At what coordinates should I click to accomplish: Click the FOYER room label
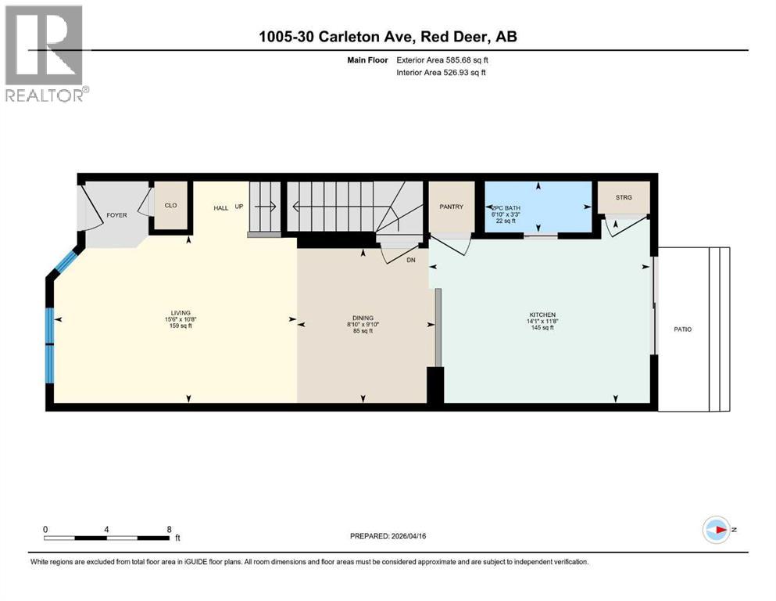click(116, 214)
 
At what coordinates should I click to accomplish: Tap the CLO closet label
click(170, 207)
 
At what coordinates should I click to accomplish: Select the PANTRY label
click(451, 207)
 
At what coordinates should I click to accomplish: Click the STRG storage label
click(622, 198)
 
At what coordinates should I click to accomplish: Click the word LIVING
click(181, 312)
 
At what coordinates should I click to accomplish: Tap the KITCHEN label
click(542, 315)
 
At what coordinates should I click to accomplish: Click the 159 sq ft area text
click(181, 326)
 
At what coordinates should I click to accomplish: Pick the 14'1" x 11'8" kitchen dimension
click(542, 321)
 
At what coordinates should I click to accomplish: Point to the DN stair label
click(411, 260)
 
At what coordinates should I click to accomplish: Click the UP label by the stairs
click(240, 207)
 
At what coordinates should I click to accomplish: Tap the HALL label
click(221, 207)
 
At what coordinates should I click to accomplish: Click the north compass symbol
click(715, 530)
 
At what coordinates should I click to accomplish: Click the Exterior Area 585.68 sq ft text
click(445, 59)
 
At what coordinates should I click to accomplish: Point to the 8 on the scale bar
click(170, 529)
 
